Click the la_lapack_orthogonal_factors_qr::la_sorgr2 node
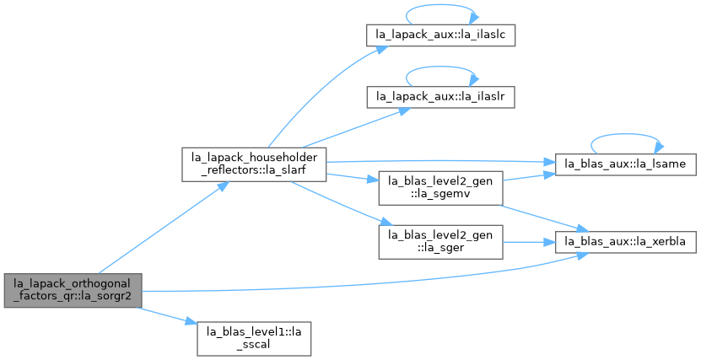coord(73,290)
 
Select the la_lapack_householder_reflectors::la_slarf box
coord(254,164)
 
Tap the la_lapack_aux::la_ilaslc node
coord(441,35)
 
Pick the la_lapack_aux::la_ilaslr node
coord(441,97)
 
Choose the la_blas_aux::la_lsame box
coord(625,164)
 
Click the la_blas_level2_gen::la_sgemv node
coord(441,188)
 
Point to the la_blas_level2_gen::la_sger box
coord(441,242)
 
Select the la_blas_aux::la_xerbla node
coord(625,242)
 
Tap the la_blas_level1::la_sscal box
coord(254,339)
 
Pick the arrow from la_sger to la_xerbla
coord(529,242)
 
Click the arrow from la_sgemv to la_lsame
coord(529,177)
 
